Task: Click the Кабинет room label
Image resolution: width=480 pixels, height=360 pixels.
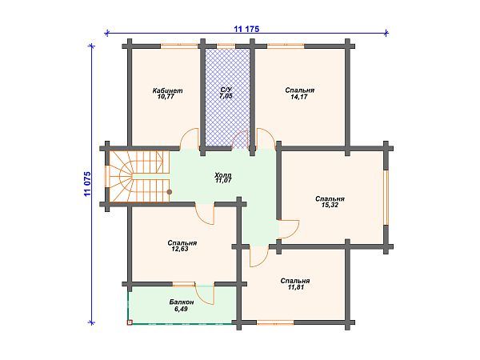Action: tap(167, 90)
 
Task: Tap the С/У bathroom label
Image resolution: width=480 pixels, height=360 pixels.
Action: tap(226, 90)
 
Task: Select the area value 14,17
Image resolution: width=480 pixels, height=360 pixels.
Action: tap(299, 97)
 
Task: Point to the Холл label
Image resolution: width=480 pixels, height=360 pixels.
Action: tap(223, 175)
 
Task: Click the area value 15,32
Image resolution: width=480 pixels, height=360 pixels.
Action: tap(330, 206)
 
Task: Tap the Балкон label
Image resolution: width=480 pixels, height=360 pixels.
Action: tap(182, 302)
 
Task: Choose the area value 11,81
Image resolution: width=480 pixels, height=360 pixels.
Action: tap(295, 287)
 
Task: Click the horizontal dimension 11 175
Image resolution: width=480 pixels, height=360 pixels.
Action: tap(246, 29)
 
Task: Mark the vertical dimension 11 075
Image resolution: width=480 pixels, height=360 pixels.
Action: tap(87, 184)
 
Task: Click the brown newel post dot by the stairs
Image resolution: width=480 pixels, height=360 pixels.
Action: tap(169, 192)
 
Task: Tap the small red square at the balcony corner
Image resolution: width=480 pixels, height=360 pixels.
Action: tap(130, 322)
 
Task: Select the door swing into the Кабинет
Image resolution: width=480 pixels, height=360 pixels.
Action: tap(190, 138)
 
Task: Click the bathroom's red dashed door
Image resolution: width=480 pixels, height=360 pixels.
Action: tap(240, 139)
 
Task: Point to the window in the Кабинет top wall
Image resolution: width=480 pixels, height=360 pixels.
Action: tap(179, 46)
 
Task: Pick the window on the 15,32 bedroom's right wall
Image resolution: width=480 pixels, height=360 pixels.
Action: tap(386, 198)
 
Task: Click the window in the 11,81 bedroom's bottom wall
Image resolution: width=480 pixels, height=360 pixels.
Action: tap(275, 322)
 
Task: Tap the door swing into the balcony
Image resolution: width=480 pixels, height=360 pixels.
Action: tap(204, 294)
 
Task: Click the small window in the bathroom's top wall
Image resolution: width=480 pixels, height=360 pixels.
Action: tap(226, 46)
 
